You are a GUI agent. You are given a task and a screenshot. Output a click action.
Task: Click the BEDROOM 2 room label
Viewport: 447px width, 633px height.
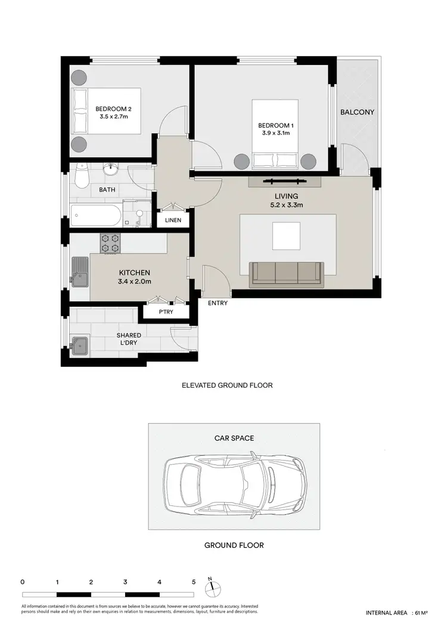[x=113, y=109]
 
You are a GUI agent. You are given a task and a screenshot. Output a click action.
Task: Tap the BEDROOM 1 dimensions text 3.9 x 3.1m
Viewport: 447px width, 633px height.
[x=275, y=133]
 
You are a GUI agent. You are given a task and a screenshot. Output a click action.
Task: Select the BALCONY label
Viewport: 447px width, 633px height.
[x=357, y=112]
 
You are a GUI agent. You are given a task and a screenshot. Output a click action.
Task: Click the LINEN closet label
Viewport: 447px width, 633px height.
[x=174, y=220]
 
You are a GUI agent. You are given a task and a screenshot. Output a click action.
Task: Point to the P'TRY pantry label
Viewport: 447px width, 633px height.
[x=165, y=312]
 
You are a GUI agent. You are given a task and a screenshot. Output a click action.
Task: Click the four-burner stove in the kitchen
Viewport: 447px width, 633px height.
[x=111, y=243]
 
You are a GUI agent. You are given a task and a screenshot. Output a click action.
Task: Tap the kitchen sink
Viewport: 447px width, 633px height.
[x=80, y=272]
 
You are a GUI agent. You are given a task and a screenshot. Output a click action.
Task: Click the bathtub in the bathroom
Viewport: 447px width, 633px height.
[x=95, y=215]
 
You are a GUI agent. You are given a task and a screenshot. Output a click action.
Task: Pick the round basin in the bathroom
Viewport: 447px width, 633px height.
[x=110, y=170]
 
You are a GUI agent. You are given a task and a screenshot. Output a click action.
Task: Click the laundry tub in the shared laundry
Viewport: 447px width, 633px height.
[x=79, y=345]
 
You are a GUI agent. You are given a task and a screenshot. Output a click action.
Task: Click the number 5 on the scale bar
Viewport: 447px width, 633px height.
[x=194, y=581]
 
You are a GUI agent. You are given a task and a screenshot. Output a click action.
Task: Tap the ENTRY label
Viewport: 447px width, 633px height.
[x=218, y=303]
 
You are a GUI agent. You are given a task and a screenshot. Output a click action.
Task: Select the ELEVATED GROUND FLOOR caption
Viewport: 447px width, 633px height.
[x=227, y=385]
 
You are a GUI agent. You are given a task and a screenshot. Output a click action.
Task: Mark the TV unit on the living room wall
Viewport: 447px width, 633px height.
[x=285, y=181]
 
